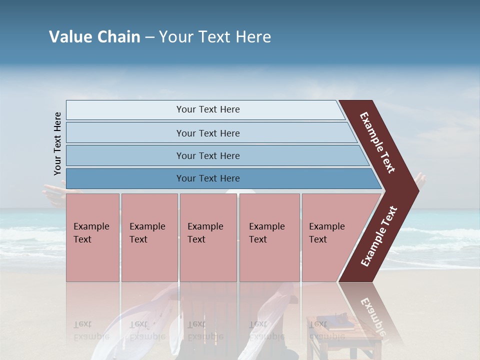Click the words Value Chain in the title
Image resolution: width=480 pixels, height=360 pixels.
point(94,37)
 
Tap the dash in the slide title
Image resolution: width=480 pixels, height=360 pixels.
point(149,37)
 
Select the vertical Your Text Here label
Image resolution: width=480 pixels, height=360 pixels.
point(57,143)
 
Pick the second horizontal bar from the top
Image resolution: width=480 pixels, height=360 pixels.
point(207,133)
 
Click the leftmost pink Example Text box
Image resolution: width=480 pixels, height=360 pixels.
point(92,237)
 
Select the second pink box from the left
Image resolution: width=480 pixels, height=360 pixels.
point(149,237)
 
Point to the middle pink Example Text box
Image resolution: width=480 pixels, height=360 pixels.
point(208,237)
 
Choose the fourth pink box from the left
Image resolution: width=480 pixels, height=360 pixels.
point(269,237)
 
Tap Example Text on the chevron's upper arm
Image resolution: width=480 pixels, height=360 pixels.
point(377,142)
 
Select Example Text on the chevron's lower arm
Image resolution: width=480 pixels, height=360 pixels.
point(378,236)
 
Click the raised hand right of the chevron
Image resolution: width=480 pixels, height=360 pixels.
point(421,180)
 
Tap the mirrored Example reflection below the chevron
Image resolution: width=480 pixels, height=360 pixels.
point(372,315)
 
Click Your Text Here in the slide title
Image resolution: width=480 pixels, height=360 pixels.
point(215,37)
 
